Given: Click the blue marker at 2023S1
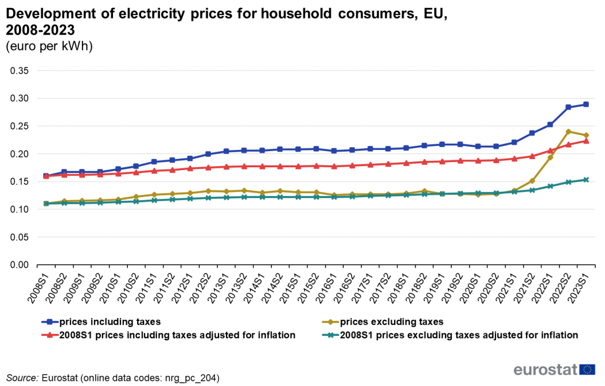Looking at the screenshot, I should coord(586,104).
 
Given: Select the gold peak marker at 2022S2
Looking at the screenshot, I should coord(568,132).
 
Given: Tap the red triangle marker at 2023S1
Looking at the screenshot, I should coord(586,141).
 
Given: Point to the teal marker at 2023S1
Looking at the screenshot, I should coord(586,179).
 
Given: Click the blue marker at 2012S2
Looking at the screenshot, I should coord(208,154).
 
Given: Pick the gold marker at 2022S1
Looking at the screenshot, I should coord(550,157).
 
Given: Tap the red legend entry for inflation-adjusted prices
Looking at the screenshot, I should coord(168,334).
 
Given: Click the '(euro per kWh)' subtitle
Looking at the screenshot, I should coord(49,46).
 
